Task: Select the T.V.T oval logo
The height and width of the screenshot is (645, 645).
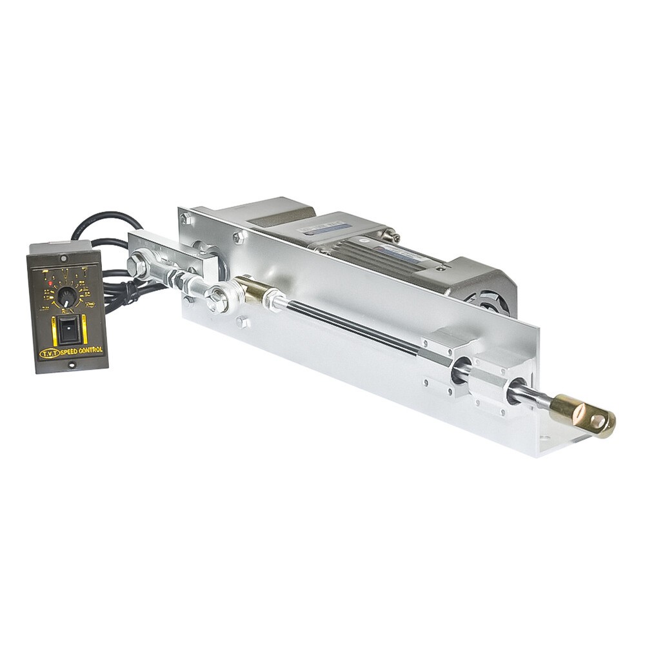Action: tap(49, 353)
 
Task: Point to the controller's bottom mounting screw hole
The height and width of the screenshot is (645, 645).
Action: tap(72, 364)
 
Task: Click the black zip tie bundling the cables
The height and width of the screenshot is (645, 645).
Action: tap(131, 292)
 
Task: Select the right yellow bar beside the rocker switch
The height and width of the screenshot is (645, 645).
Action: tap(84, 329)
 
